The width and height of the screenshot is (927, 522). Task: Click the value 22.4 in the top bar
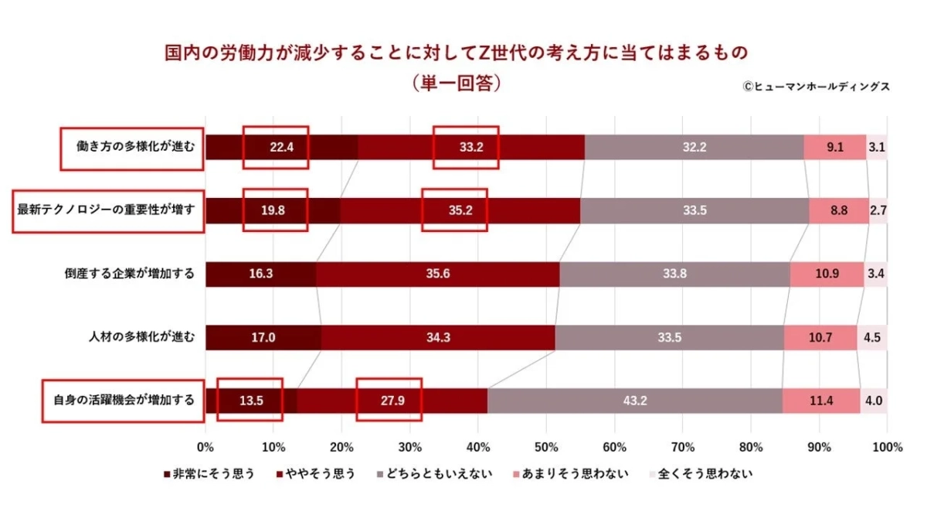276,147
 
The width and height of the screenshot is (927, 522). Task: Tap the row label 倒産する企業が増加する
130,274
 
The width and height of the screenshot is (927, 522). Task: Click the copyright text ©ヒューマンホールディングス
816,87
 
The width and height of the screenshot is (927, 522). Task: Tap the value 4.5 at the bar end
872,337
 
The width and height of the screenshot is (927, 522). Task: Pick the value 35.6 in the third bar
437,274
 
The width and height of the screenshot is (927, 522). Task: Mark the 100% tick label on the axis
886,447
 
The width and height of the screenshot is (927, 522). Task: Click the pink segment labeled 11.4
821,401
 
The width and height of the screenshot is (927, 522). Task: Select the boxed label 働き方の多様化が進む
132,147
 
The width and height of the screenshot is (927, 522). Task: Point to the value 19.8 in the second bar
275,210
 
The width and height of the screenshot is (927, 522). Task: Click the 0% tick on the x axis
205,447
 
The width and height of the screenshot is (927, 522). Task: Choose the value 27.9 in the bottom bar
389,401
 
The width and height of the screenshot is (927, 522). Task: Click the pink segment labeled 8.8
839,210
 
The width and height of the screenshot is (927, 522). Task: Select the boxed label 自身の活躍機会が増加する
124,401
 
